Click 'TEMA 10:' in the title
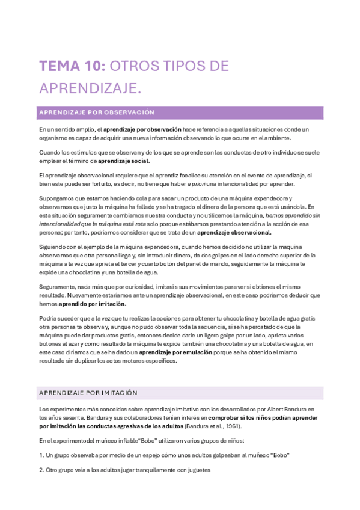coord(72,66)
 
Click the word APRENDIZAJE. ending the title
coord(90,88)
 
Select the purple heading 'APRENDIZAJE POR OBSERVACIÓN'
coord(97,112)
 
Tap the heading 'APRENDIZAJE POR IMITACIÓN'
coord(88,392)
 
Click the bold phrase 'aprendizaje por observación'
coord(142,129)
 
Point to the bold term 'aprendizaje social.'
coord(124,161)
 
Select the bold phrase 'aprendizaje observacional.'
coord(234,232)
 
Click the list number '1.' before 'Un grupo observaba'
coord(41,455)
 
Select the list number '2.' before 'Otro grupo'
coord(41,470)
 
